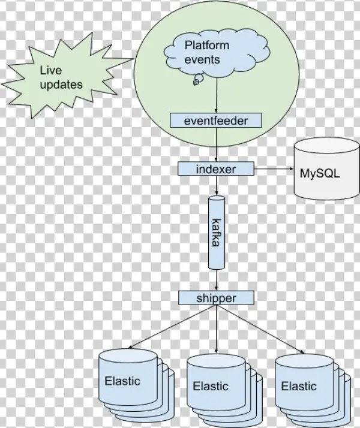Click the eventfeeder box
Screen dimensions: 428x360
coord(216,120)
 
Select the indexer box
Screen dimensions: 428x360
coord(216,169)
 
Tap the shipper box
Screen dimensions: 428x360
coord(216,297)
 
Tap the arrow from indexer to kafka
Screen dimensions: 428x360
coord(216,185)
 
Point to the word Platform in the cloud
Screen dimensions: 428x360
coord(206,46)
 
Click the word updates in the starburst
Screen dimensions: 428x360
coord(61,85)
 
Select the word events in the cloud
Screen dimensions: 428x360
coord(202,59)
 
